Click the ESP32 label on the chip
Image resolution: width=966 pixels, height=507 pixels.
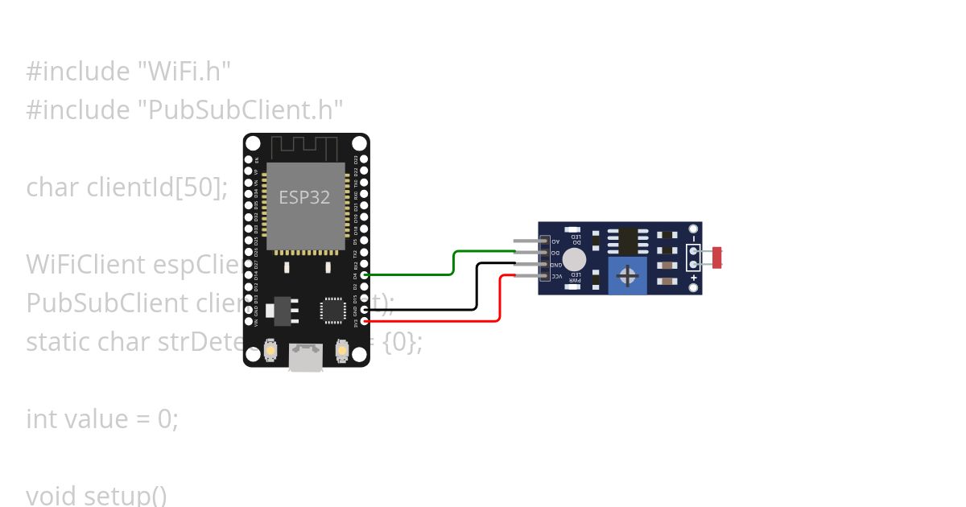point(304,197)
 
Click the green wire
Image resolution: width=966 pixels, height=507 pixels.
point(453,262)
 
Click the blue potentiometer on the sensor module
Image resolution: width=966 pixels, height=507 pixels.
point(628,276)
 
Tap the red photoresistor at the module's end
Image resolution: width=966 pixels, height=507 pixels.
point(718,258)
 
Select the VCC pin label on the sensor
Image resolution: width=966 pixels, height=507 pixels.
point(555,276)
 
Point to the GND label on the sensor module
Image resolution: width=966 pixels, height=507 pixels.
point(555,264)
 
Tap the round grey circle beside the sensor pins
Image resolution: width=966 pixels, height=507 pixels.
point(574,259)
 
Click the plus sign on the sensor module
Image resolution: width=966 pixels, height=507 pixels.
point(693,278)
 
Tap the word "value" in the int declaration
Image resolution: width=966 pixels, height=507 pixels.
point(97,418)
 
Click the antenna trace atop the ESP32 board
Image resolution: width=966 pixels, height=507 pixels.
point(305,148)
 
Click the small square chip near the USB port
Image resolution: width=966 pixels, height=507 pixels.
point(332,311)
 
